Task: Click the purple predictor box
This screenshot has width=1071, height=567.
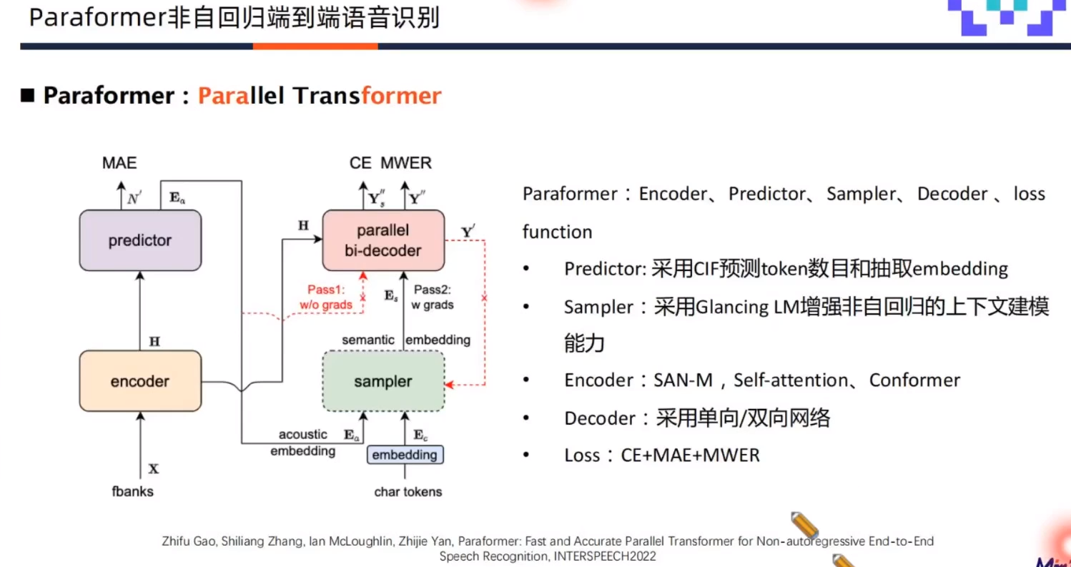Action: (x=139, y=240)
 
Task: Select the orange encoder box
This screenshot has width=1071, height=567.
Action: (x=139, y=381)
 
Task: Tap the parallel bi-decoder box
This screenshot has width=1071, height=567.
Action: (x=384, y=240)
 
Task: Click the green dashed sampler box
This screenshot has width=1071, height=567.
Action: (x=384, y=381)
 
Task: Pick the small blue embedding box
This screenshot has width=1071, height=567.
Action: (x=405, y=455)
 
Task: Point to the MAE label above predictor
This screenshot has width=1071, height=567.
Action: (x=119, y=163)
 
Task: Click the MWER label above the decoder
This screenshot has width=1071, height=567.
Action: (x=406, y=163)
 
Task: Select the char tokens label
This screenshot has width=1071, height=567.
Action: (x=408, y=491)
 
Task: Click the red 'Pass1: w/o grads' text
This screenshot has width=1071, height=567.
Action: (x=326, y=298)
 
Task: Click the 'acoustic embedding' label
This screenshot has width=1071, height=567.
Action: (x=302, y=443)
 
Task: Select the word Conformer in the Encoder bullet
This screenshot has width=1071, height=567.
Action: (x=914, y=380)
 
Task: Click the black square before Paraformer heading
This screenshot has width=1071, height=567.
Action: (x=28, y=96)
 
